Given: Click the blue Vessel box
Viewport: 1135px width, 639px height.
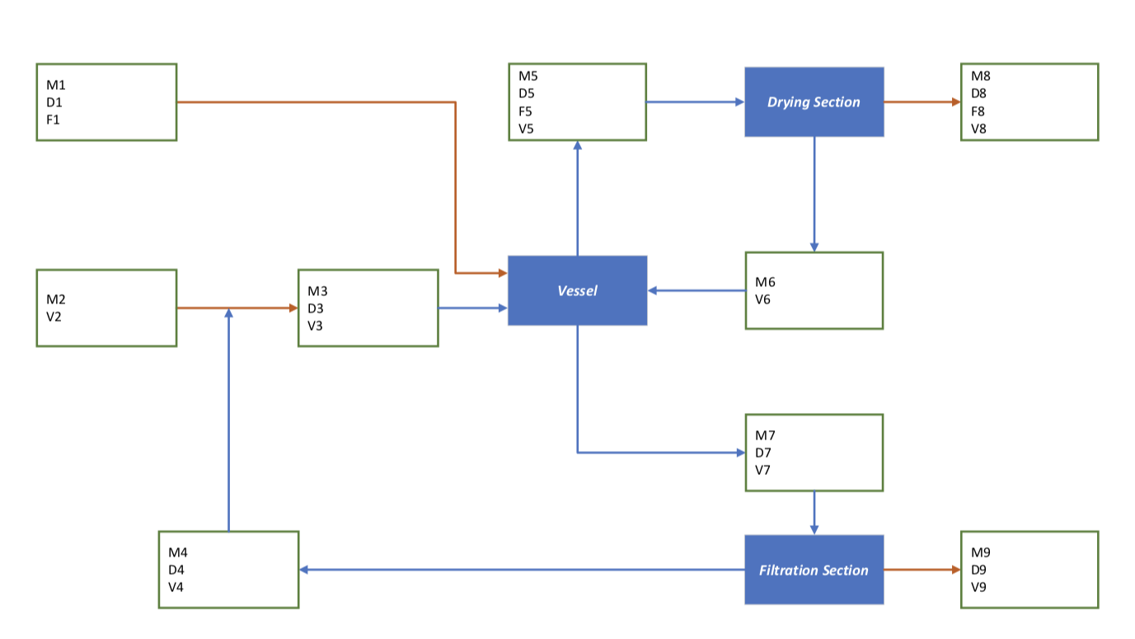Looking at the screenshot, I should pyautogui.click(x=577, y=290).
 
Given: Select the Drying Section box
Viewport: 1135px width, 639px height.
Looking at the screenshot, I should pyautogui.click(x=814, y=102).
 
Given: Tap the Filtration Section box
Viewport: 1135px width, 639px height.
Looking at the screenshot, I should pyautogui.click(x=814, y=570).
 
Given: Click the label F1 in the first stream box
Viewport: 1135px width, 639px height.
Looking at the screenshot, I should pyautogui.click(x=54, y=120).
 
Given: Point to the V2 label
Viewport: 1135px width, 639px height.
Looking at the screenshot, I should pyautogui.click(x=54, y=316).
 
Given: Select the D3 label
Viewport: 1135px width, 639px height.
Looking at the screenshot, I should pyautogui.click(x=316, y=308).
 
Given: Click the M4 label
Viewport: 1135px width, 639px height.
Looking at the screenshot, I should pyautogui.click(x=177, y=552).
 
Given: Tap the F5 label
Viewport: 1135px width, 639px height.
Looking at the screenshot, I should pyautogui.click(x=526, y=111).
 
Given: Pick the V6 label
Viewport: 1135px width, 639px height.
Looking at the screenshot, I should pyautogui.click(x=763, y=299).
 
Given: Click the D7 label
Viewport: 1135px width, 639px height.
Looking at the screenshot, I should pyautogui.click(x=763, y=453).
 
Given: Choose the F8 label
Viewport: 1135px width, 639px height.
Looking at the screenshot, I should pyautogui.click(x=978, y=111).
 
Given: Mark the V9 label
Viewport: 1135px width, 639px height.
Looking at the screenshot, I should pyautogui.click(x=978, y=587).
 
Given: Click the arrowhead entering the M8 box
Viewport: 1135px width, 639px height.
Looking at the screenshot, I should pyautogui.click(x=955, y=102).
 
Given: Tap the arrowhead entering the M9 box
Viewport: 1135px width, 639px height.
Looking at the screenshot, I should pyautogui.click(x=955, y=570).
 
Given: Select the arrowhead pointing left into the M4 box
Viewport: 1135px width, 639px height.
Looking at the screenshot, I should pyautogui.click(x=304, y=570).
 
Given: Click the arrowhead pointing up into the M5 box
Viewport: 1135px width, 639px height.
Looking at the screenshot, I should pyautogui.click(x=577, y=144).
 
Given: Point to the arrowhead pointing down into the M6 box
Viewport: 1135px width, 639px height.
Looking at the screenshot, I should pyautogui.click(x=814, y=247).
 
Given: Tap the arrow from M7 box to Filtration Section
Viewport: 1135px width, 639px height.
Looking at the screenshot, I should pyautogui.click(x=814, y=511).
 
